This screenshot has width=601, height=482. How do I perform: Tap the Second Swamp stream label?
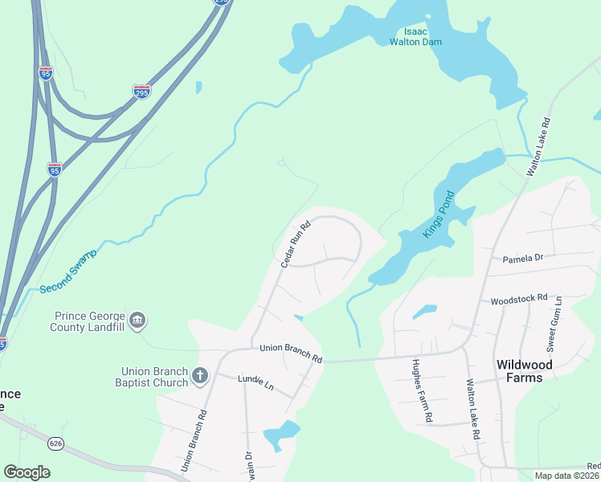(67, 271)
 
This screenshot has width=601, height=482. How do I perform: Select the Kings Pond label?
(439, 214)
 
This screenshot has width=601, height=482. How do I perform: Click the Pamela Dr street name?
(523, 259)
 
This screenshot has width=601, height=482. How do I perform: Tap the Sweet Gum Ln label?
(554, 323)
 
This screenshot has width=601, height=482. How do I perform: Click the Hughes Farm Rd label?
(424, 391)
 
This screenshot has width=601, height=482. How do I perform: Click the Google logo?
(27, 472)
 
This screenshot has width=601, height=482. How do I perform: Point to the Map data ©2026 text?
(567, 476)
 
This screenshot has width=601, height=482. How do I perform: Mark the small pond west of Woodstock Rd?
(424, 310)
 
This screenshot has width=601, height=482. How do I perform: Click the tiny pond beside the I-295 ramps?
(198, 87)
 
